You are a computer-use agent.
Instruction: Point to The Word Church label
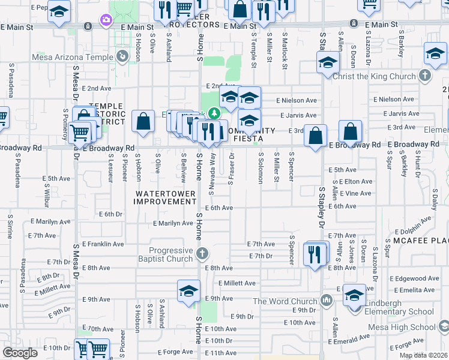(x=285, y=301)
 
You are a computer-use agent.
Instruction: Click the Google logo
(x=20, y=353)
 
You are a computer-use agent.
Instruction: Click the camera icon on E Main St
(x=106, y=21)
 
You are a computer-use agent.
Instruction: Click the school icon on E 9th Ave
(x=188, y=290)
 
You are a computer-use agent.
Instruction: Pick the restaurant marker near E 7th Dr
(x=316, y=253)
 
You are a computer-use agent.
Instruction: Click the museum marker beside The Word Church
(x=327, y=299)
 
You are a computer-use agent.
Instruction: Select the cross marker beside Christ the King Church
(x=425, y=75)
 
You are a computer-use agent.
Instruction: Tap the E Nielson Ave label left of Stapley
(x=296, y=100)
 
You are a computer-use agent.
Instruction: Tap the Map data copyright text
(x=423, y=355)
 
